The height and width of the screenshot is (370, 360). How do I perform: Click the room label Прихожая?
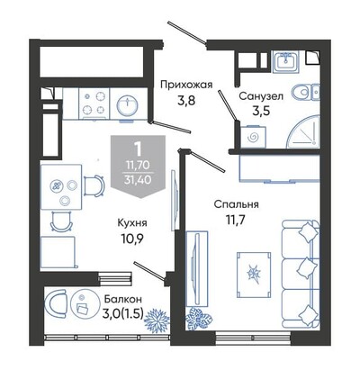click(186, 85)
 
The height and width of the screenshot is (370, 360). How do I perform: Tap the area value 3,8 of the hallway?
click(186, 100)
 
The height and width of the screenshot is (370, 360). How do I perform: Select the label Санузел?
click(261, 96)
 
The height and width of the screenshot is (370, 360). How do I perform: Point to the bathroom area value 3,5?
click(261, 111)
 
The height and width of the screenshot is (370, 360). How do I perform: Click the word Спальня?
click(236, 205)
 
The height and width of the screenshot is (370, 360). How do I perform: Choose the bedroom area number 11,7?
click(236, 221)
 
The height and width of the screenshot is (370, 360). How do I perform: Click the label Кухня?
click(132, 223)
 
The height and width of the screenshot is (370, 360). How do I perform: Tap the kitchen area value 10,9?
click(132, 239)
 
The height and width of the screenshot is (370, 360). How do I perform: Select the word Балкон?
click(122, 299)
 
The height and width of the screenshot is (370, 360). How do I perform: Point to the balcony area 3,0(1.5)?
click(122, 314)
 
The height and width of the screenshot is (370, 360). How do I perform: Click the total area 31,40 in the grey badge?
click(139, 180)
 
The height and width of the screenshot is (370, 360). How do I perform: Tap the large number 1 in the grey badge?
click(138, 149)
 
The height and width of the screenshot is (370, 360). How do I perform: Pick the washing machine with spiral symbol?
click(254, 137)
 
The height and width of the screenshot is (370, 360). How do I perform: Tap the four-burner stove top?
click(94, 103)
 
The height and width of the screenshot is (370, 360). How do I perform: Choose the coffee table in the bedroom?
click(254, 275)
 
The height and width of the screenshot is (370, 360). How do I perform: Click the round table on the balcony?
click(83, 303)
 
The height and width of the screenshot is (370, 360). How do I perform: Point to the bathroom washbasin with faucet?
click(285, 61)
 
